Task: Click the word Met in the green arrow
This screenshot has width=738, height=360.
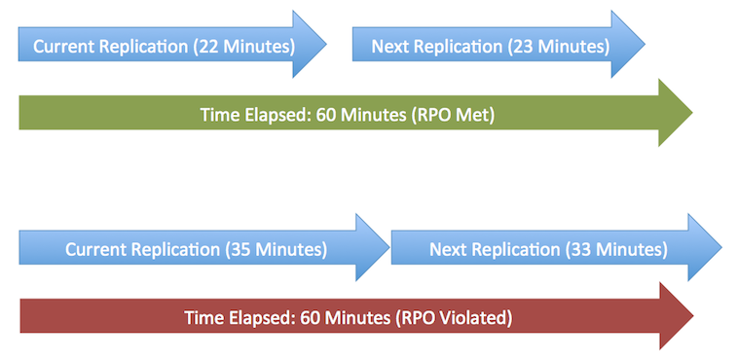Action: pyautogui.click(x=477, y=115)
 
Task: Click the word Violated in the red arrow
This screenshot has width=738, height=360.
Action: pyautogui.click(x=473, y=317)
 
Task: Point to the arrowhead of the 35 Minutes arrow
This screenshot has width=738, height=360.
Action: pyautogui.click(x=373, y=249)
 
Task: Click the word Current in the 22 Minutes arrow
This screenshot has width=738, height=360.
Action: pyautogui.click(x=63, y=47)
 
